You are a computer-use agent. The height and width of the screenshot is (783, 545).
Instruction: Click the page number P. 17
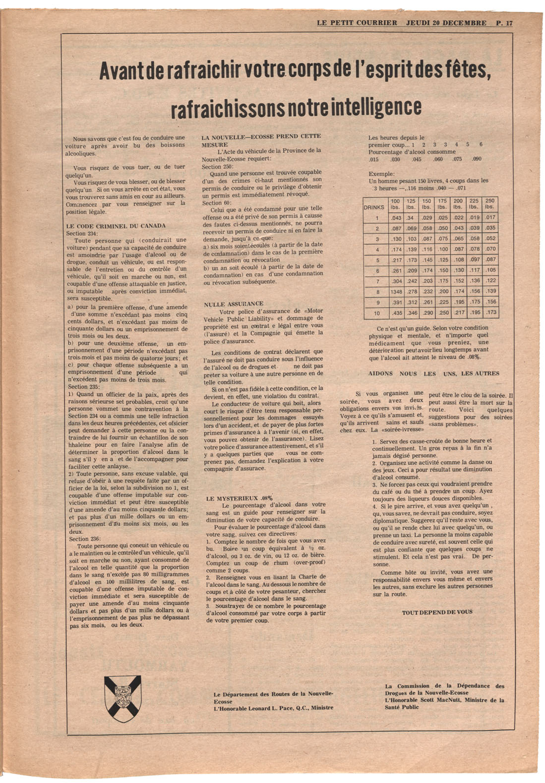click(504, 23)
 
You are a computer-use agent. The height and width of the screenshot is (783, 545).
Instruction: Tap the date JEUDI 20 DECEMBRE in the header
click(446, 23)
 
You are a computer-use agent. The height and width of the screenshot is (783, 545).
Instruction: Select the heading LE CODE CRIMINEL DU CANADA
click(116, 226)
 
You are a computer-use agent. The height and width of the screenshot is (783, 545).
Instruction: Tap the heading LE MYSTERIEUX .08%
click(239, 498)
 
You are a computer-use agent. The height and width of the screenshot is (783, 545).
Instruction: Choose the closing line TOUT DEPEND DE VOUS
click(437, 612)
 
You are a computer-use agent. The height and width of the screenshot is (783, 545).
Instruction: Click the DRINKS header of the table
click(374, 207)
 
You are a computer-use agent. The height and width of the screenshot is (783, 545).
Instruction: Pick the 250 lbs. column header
click(489, 204)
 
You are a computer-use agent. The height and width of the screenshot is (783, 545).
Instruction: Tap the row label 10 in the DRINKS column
click(376, 313)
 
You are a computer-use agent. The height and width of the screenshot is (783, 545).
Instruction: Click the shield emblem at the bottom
click(123, 698)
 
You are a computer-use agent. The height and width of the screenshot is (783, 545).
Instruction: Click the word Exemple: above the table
click(381, 174)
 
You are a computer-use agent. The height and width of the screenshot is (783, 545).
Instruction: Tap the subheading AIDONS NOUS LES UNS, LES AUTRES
click(433, 373)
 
